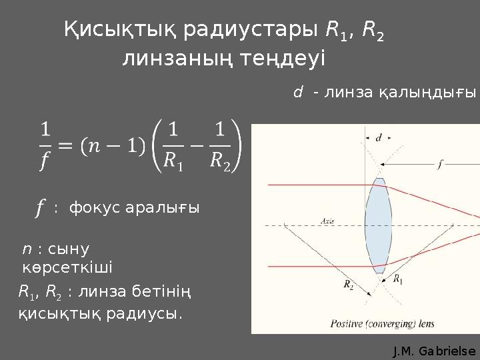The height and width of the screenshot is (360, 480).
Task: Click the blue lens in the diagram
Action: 379,225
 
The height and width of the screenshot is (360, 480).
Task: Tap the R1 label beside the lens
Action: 398,280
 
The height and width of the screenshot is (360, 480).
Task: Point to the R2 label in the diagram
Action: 349,284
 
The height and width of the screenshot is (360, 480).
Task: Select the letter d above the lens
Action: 379,137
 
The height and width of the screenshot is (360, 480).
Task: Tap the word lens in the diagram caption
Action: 427,324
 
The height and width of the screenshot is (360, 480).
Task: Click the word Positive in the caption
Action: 347,324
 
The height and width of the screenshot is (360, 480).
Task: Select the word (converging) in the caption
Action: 393,324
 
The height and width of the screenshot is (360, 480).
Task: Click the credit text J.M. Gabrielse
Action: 435,351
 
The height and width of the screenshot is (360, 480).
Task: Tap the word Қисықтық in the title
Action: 119,30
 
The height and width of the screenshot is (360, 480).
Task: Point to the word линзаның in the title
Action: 177,59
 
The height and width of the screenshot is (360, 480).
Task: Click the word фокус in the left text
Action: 93,207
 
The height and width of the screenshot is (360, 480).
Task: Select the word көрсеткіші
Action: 67,267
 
